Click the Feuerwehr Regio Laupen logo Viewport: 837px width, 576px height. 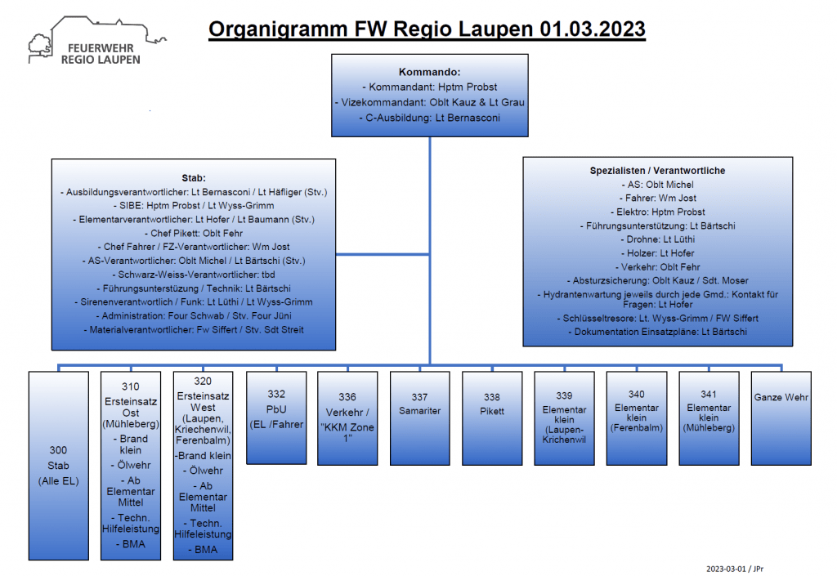(x=97, y=42)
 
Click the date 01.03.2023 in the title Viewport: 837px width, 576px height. (x=593, y=29)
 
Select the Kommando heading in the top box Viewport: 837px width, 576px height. (x=430, y=72)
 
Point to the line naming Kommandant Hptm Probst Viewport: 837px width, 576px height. (x=430, y=87)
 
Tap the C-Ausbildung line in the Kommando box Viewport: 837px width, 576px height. (x=430, y=118)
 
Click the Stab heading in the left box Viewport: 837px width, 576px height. (x=194, y=178)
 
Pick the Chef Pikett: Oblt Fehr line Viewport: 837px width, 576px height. (x=194, y=233)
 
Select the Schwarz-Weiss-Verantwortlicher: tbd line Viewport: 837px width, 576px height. (x=194, y=275)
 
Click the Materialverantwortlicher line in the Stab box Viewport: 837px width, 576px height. (x=194, y=329)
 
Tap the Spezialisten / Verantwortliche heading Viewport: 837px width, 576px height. (x=658, y=171)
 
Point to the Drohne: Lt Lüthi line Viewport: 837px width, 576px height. (x=658, y=239)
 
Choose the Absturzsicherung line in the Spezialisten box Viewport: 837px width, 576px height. (x=658, y=280)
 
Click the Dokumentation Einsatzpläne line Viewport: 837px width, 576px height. (x=658, y=332)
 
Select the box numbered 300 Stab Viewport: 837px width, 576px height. (x=59, y=466)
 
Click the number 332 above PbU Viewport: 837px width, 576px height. (x=276, y=394)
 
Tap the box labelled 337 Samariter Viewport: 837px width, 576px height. (x=420, y=418)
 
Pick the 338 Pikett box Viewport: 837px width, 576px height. (x=492, y=418)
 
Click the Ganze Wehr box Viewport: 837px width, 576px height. (x=781, y=418)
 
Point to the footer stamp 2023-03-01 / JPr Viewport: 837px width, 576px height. (x=735, y=569)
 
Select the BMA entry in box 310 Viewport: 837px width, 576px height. (x=131, y=544)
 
